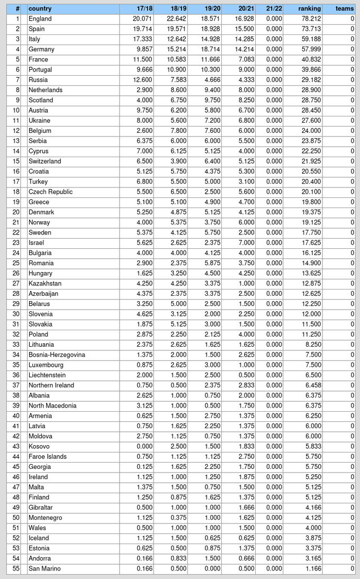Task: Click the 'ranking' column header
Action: pos(309,8)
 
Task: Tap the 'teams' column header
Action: pos(345,8)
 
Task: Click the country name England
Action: pos(40,19)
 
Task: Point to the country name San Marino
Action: pos(44,568)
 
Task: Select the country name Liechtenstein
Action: pos(47,375)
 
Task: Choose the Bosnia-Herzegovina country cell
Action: pos(57,355)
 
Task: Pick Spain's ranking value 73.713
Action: pos(310,29)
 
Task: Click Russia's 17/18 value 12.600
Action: pos(143,80)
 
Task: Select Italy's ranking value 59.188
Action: pos(310,39)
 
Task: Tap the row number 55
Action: pos(16,568)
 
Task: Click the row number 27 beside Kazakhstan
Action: pos(16,284)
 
